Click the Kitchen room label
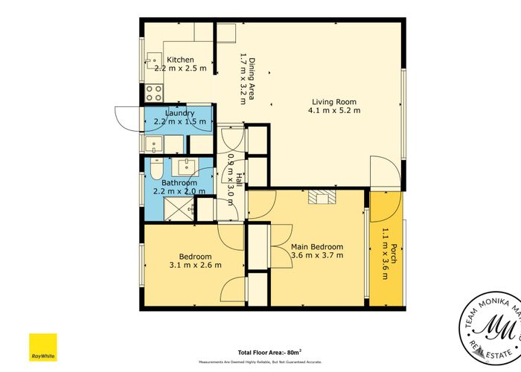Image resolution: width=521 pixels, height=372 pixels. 180,60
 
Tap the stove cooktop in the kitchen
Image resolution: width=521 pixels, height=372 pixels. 153,93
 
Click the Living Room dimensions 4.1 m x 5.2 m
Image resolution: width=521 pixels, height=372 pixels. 334,111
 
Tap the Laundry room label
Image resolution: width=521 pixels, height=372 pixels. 179,112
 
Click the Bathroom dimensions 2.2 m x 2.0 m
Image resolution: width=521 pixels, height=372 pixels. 179,191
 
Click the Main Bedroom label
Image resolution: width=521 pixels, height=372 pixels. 317,247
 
